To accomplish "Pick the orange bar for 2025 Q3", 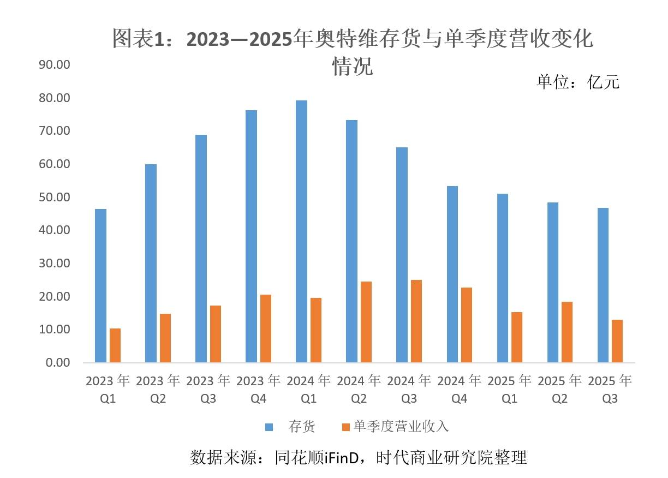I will (617, 341).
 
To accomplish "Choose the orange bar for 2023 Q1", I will (115, 345).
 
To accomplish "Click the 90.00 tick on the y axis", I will (55, 65).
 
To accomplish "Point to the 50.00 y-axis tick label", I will (55, 197).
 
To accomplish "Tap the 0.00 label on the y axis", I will (58, 363).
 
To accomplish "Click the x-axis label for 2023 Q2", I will (158, 390).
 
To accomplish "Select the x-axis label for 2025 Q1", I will (510, 390).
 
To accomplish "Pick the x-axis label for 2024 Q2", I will (359, 390).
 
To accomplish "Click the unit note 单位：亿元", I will (578, 82).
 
